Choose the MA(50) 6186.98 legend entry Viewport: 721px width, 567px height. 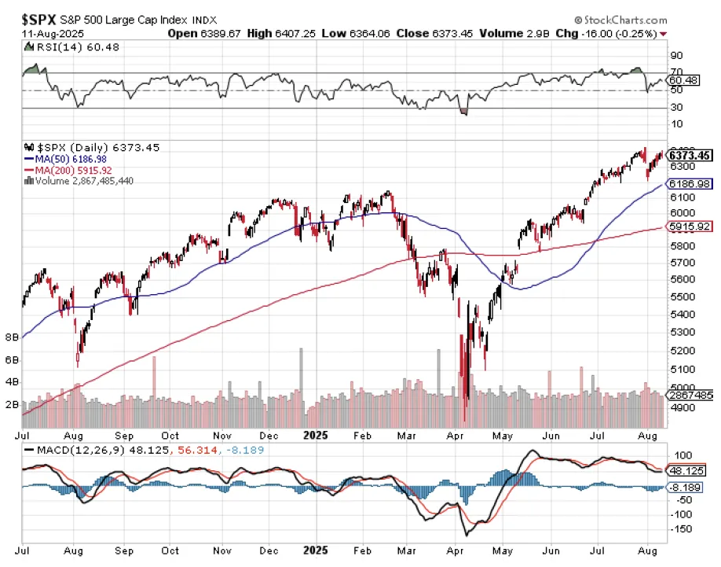tap(66, 159)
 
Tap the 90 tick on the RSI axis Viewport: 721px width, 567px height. tap(675, 55)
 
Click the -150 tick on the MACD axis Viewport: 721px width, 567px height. tap(681, 529)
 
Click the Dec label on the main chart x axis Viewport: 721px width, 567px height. tap(267, 434)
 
